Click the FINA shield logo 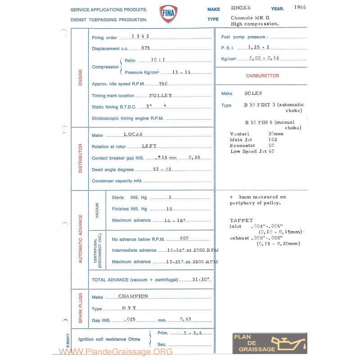point(168,14)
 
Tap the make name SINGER point(241,8)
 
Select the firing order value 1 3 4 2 point(140,36)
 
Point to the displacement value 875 point(145,48)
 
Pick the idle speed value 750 point(163,84)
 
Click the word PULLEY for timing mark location point(160,95)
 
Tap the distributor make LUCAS point(133,135)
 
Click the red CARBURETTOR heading point(262,76)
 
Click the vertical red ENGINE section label point(81,77)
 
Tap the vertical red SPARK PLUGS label point(81,309)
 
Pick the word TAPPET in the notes point(241,220)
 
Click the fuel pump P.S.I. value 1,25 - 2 point(259,47)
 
